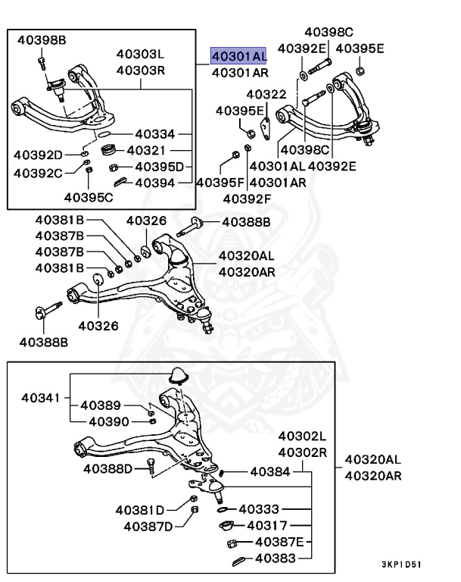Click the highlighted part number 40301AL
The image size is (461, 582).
point(238,56)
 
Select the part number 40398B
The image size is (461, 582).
point(42,39)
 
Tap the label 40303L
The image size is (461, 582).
point(140,55)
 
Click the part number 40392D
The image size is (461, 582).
point(38,155)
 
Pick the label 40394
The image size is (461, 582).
point(155,183)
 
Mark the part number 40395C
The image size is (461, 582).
point(88,198)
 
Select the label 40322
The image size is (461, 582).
point(266,95)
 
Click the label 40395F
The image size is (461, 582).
point(220,183)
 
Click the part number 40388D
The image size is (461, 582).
point(108,468)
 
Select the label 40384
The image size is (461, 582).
point(270,471)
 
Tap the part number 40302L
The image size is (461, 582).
point(301,436)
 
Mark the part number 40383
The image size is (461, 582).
point(275,559)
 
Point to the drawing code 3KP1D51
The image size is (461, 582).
point(402,565)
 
